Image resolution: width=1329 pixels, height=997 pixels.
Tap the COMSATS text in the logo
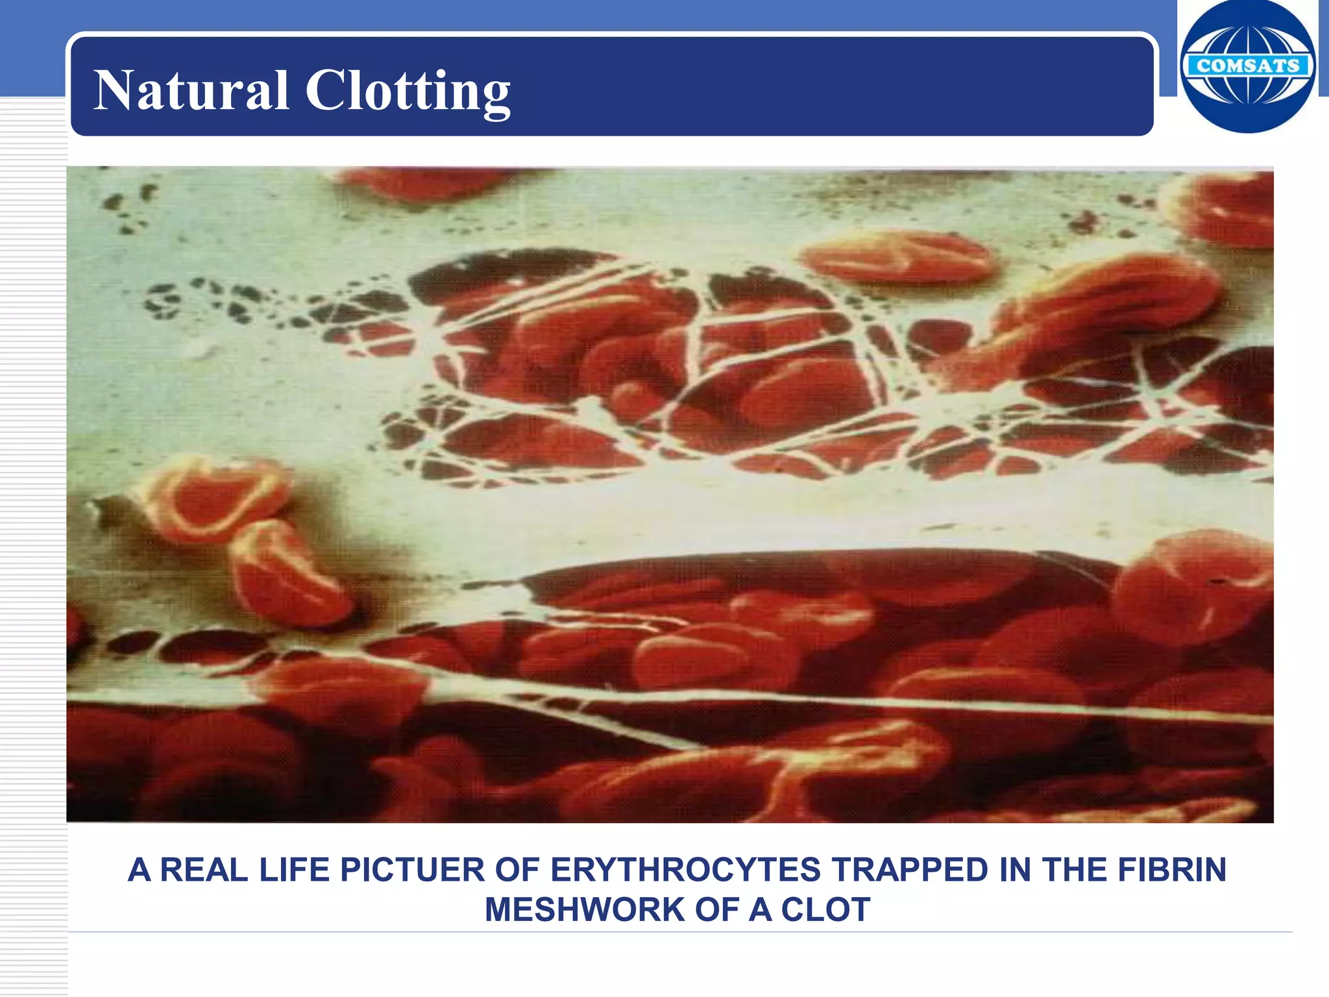pyautogui.click(x=1247, y=66)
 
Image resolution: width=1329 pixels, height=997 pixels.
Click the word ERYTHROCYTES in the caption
pyautogui.click(x=685, y=870)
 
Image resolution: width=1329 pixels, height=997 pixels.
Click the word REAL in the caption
pyautogui.click(x=204, y=870)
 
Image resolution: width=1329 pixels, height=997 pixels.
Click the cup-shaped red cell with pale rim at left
pyautogui.click(x=211, y=497)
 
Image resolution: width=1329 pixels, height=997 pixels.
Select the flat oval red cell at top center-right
pyautogui.click(x=899, y=256)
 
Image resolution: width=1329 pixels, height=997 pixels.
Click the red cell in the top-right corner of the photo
pyautogui.click(x=1226, y=208)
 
